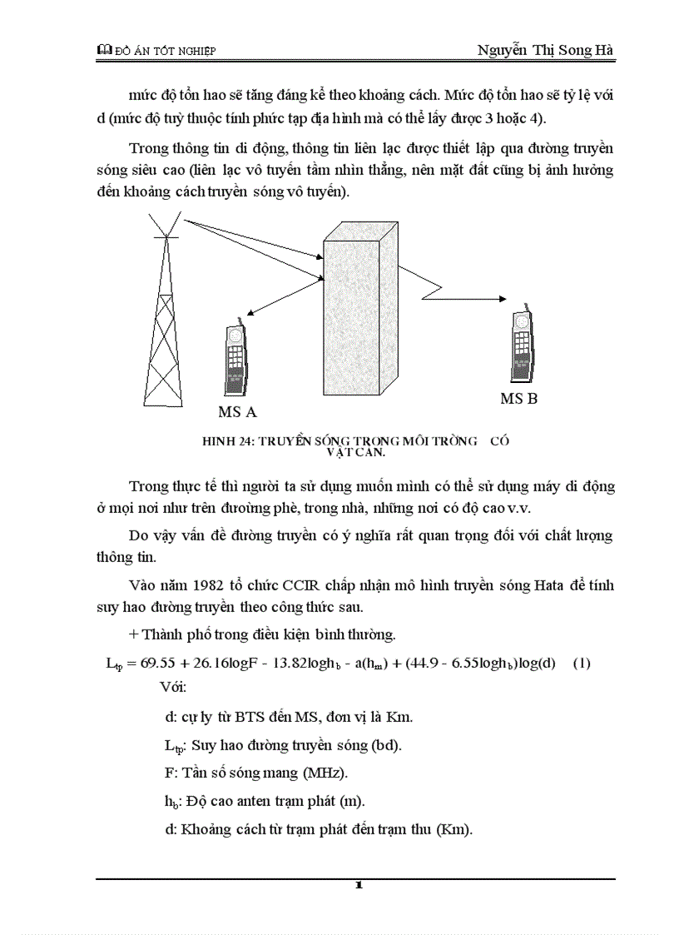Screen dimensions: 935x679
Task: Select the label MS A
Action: click(237, 412)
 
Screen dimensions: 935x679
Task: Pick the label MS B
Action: click(518, 399)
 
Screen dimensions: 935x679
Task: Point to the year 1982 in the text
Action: click(217, 584)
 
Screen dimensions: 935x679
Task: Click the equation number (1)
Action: click(582, 664)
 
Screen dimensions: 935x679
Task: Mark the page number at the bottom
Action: click(358, 885)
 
